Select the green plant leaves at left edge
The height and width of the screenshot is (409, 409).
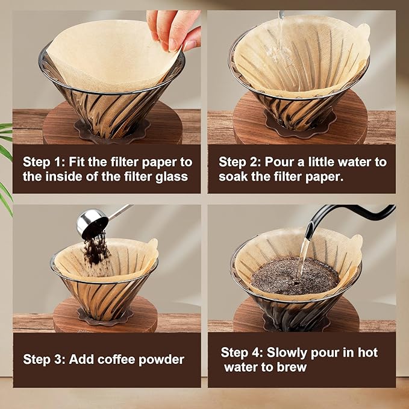point(5,163)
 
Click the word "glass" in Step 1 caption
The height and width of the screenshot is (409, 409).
point(171,176)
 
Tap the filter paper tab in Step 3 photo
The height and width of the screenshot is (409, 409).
point(152,245)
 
